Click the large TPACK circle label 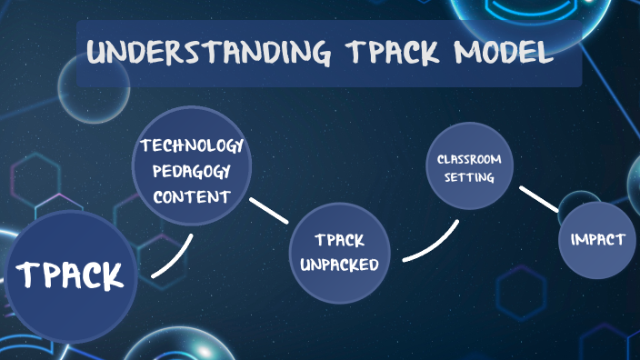pos(70,274)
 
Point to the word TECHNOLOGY pos(191,145)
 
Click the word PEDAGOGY pos(191,171)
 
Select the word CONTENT pos(191,196)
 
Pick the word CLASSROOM pos(468,159)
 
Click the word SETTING pos(468,177)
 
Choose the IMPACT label pos(597,239)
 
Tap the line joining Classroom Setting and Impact pos(537,199)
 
